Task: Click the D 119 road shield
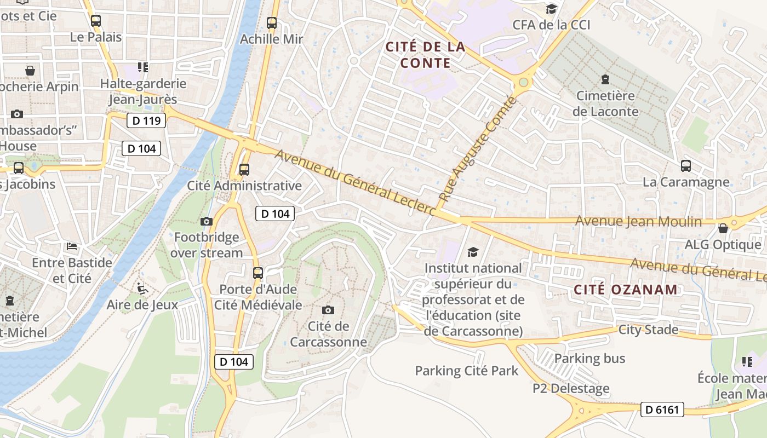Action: (x=146, y=120)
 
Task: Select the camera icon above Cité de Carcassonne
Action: (x=328, y=310)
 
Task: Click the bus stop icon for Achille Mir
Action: (x=272, y=23)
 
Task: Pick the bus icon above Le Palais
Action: (x=96, y=21)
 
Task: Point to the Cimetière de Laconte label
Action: (x=605, y=103)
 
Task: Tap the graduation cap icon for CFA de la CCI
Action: (x=551, y=9)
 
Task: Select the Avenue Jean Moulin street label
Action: (x=638, y=221)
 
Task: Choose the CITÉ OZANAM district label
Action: (x=626, y=290)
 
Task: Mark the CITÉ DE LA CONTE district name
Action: (x=425, y=55)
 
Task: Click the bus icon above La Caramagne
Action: (x=685, y=165)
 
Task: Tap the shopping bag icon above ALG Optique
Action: (x=723, y=228)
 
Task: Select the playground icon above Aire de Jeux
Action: (x=142, y=287)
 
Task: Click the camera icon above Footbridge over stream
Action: (x=207, y=221)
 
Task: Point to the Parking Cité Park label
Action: (x=466, y=371)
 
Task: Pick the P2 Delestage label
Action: (x=571, y=388)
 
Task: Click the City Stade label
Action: (x=648, y=330)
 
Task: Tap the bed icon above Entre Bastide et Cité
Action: (x=72, y=246)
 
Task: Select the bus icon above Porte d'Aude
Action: (x=258, y=273)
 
